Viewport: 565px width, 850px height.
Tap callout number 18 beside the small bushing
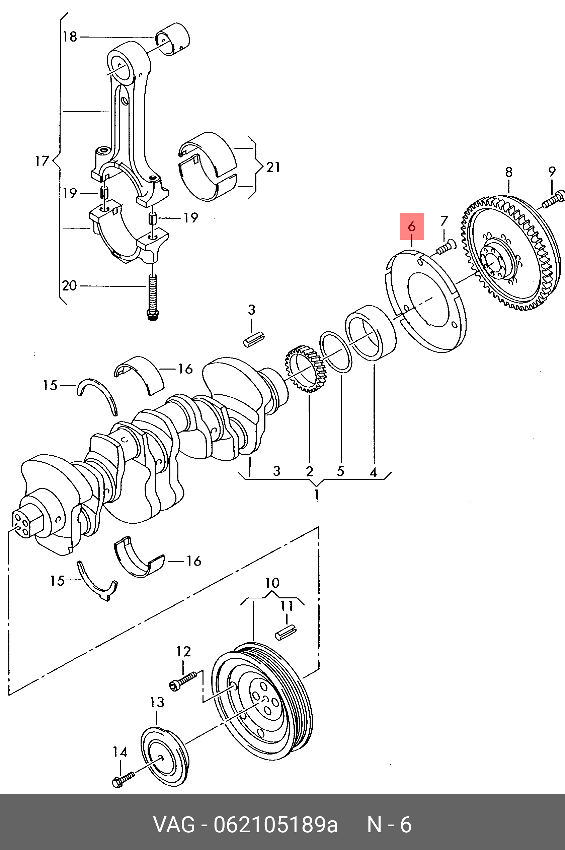(x=70, y=37)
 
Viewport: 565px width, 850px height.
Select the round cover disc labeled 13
(x=164, y=758)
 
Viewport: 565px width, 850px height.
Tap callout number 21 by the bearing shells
(x=273, y=167)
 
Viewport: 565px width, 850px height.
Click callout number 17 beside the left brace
(x=42, y=160)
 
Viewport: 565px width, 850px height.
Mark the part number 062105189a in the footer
(x=276, y=825)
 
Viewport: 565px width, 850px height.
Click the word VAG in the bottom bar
(x=174, y=825)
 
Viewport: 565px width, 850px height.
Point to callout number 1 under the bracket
(x=317, y=495)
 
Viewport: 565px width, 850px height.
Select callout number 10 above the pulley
(x=272, y=583)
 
